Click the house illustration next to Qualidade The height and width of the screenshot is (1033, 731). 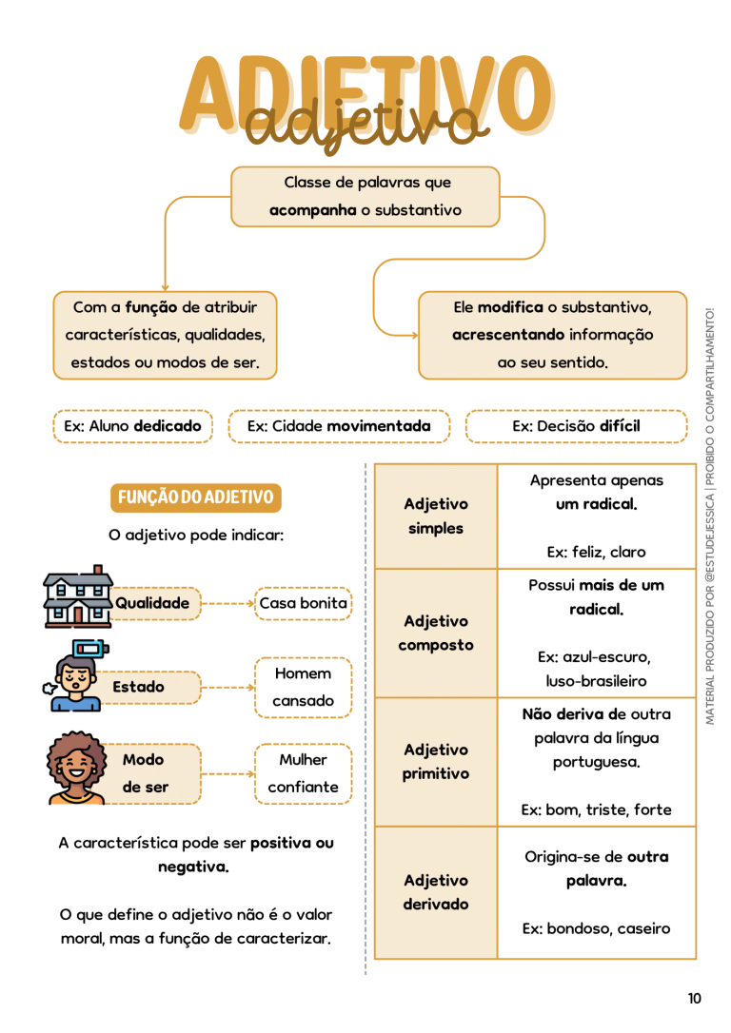tap(78, 596)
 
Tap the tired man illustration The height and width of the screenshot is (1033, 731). tap(74, 683)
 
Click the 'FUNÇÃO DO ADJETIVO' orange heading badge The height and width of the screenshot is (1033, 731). tap(196, 497)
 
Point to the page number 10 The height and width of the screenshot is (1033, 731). tap(694, 998)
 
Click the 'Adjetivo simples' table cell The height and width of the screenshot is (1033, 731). tap(436, 516)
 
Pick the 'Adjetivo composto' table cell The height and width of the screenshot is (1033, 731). tap(436, 633)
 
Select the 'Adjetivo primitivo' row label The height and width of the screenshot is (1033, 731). tap(436, 762)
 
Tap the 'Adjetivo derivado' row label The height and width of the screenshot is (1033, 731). tap(436, 892)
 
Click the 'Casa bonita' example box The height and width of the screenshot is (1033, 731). tap(304, 603)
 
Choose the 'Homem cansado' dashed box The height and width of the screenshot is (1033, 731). tap(304, 687)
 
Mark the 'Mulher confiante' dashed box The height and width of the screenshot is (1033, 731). tap(304, 773)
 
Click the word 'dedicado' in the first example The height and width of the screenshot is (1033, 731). tap(168, 426)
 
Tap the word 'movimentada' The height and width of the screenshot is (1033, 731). tap(379, 426)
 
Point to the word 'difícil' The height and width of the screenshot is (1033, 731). tap(621, 426)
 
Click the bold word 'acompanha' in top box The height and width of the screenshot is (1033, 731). tap(312, 211)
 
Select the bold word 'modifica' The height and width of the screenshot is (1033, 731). tap(510, 307)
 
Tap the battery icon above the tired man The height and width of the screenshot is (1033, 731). tap(90, 649)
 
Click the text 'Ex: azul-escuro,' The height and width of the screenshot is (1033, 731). tap(594, 657)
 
